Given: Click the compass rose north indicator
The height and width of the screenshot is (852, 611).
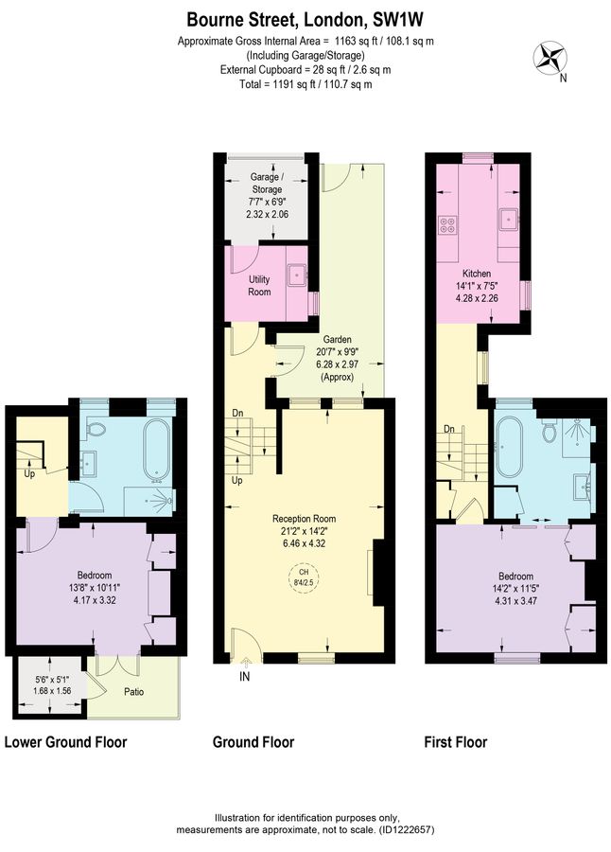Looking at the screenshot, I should click(x=550, y=60).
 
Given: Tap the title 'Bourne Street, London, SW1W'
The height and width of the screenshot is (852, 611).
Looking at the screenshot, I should click(x=305, y=18).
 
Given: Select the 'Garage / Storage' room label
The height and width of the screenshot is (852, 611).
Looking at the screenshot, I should click(x=265, y=183).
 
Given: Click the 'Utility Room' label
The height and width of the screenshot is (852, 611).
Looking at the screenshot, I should click(x=259, y=286).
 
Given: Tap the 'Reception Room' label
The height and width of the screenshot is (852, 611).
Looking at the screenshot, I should click(x=305, y=519).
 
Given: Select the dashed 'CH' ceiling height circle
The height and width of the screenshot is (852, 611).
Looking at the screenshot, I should click(x=305, y=578).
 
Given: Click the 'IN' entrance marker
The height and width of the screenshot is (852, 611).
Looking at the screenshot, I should click(x=245, y=677).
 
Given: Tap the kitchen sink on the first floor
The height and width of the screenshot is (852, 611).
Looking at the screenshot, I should click(x=509, y=220).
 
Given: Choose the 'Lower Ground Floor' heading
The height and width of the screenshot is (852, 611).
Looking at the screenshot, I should click(x=66, y=742).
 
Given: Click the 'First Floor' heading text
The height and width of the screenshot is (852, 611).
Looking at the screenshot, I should click(x=456, y=742).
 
